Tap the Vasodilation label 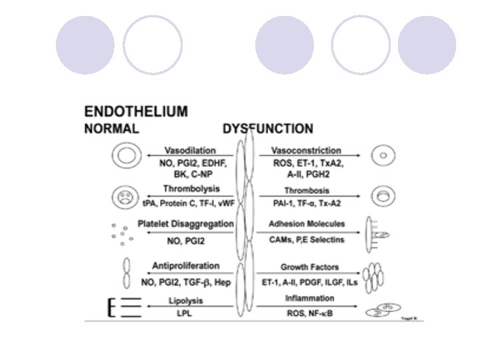coord(191,151)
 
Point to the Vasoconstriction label coord(307,151)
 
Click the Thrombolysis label coord(191,189)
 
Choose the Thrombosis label coord(307,189)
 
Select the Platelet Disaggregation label coord(186,223)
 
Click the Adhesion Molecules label coord(307,223)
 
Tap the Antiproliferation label coord(186,266)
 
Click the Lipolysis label coord(186,301)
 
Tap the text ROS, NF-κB coord(307,313)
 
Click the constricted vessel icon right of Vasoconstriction coord(383,157)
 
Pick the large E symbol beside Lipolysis coord(112,307)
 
